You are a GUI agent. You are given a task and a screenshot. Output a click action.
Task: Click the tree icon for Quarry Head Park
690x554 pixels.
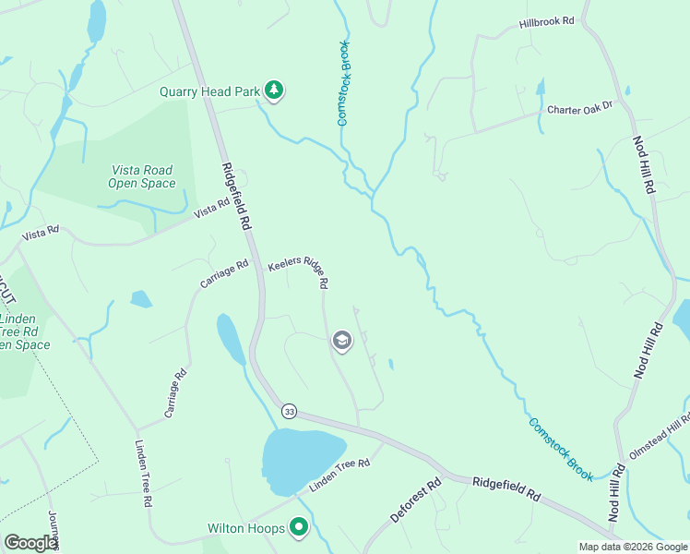tap(273, 90)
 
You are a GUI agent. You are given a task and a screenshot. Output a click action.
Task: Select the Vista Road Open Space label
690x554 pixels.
tap(142, 176)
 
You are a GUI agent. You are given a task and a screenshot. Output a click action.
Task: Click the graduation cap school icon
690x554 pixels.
tap(341, 342)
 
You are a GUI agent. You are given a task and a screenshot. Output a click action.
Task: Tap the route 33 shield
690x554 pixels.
tap(290, 411)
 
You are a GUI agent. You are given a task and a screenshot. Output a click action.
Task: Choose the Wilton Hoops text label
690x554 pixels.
tap(246, 529)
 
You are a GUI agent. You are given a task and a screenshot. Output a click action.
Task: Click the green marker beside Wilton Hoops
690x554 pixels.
tap(299, 528)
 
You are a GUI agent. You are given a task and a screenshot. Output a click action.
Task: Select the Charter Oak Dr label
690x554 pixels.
tap(579, 109)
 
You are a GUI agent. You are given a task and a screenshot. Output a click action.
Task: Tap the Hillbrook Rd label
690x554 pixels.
tap(546, 21)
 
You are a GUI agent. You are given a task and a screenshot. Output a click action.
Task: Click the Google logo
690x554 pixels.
tap(30, 543)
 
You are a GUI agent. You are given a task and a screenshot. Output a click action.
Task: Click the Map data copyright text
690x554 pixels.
tap(632, 547)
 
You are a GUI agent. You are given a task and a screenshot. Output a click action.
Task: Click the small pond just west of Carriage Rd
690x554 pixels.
tap(140, 298)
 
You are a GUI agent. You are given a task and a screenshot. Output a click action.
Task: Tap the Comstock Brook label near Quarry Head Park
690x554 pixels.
tap(342, 83)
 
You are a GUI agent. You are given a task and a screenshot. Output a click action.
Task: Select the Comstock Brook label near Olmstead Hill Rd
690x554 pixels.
tap(561, 449)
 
